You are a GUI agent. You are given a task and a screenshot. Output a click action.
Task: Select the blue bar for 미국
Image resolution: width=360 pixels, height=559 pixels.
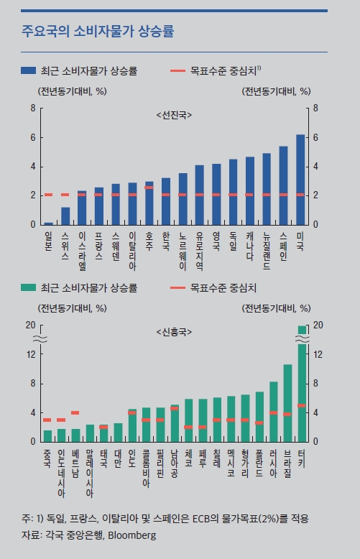[300, 180]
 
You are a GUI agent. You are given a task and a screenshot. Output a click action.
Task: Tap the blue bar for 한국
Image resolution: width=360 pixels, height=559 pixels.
[166, 201]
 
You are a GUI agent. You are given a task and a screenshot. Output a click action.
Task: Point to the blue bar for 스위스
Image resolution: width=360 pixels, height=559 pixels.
[65, 216]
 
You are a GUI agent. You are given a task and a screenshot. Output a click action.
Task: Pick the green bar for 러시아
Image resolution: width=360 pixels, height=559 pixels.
[274, 411]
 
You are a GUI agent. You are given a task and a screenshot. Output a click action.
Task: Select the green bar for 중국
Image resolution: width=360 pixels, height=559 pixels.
[47, 435]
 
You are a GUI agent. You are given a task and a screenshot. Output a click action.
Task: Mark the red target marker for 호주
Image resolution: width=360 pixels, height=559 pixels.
[149, 188]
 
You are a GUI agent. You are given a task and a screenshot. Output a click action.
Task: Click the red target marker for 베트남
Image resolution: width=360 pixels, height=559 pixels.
[75, 412]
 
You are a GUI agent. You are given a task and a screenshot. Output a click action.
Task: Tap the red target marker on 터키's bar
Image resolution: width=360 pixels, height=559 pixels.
[301, 406]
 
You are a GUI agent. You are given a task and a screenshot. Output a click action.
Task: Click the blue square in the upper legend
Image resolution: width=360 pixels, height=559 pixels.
[29, 70]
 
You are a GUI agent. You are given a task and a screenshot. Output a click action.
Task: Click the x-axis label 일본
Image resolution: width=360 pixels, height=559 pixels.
[48, 241]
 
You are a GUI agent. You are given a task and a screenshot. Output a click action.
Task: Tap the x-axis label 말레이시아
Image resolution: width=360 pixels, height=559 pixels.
[89, 471]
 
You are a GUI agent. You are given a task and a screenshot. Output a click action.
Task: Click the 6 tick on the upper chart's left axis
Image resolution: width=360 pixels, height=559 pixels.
[33, 137]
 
